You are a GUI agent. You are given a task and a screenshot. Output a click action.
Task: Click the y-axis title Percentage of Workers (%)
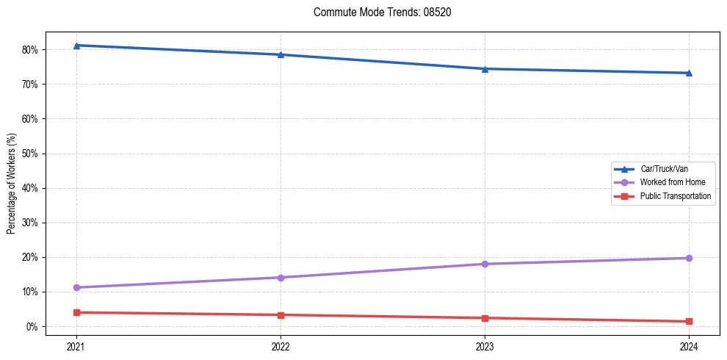tap(11, 184)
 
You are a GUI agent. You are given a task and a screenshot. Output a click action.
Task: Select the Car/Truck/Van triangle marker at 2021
tap(76, 46)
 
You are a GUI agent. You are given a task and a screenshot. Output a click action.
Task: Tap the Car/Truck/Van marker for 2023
tap(485, 69)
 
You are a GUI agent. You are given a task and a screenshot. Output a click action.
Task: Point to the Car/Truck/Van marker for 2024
tap(689, 73)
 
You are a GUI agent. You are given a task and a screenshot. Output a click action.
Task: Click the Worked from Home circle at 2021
tap(76, 287)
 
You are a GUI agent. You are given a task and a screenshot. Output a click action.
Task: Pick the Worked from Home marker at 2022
tap(281, 278)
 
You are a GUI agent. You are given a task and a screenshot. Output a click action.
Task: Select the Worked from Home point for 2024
tap(689, 258)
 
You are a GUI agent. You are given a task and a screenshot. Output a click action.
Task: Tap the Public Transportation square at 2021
tap(76, 312)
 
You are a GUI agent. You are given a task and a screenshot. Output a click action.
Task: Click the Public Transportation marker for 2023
tap(485, 318)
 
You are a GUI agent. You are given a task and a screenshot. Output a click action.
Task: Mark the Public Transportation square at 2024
tap(689, 321)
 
